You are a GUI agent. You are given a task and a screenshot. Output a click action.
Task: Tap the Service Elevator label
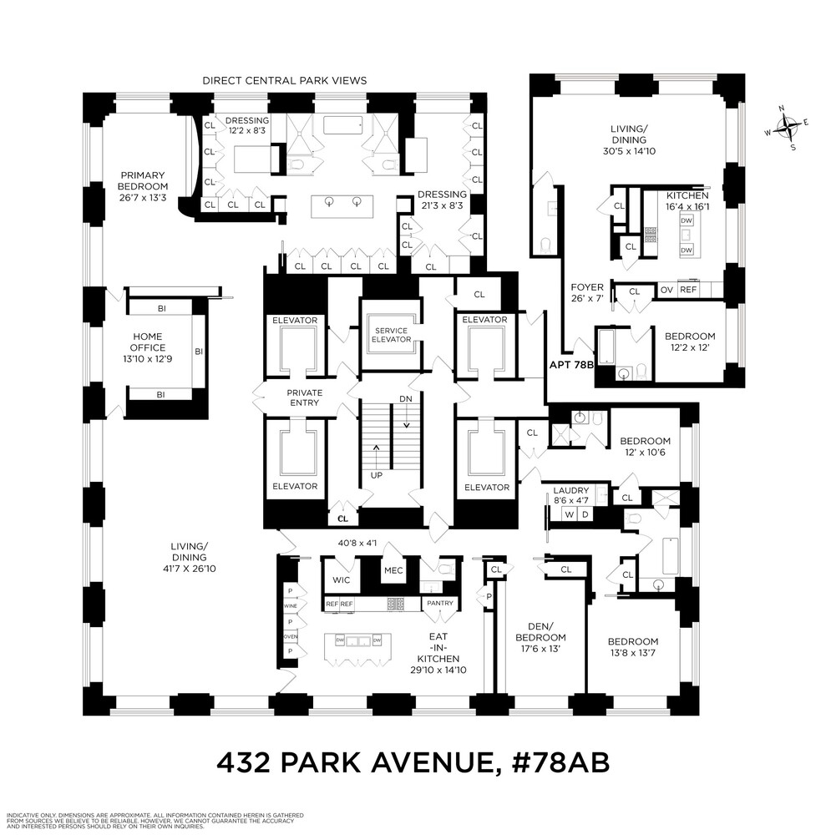click(x=391, y=334)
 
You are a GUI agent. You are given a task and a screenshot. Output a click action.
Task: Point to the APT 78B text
click(x=570, y=364)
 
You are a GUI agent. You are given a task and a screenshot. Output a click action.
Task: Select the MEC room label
click(x=393, y=572)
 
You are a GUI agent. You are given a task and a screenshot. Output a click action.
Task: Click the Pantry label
click(x=439, y=603)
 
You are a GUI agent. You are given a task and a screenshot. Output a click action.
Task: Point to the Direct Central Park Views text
click(x=285, y=80)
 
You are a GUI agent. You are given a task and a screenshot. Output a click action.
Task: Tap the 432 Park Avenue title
click(x=413, y=762)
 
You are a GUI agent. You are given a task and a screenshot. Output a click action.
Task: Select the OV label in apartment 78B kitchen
click(x=666, y=290)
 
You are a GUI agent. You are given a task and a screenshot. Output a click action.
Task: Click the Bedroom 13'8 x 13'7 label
click(x=639, y=647)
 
